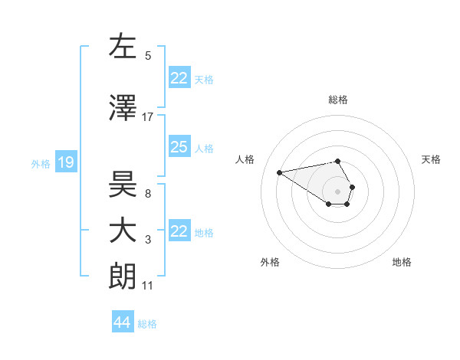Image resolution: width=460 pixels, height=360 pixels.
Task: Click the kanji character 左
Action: tap(123, 47)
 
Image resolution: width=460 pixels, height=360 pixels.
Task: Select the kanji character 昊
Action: tap(123, 184)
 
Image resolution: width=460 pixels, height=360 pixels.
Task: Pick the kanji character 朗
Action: tap(123, 277)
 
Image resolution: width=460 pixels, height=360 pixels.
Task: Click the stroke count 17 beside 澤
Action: tap(148, 116)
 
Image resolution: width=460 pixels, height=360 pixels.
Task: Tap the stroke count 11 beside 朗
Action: tap(148, 286)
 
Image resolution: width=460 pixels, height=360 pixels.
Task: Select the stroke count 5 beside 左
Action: tap(148, 55)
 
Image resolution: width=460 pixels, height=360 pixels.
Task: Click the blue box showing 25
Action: tap(179, 147)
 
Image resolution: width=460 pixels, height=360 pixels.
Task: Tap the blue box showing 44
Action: tap(123, 322)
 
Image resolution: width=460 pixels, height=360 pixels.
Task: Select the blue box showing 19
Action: tap(65, 162)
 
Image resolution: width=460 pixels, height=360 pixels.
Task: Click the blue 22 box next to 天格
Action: tap(179, 78)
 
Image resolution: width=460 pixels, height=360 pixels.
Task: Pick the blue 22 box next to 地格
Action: tap(179, 231)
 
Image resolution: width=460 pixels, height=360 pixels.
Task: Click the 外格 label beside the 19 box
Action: tap(41, 163)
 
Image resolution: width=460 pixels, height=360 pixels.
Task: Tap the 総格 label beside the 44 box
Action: tap(147, 324)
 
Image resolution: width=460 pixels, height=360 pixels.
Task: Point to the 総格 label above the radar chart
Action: tap(338, 100)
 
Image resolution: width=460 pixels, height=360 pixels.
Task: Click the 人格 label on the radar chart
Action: tap(245, 159)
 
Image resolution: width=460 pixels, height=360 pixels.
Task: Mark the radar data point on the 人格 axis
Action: tap(280, 172)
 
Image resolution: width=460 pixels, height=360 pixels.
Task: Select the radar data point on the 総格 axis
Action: tap(338, 161)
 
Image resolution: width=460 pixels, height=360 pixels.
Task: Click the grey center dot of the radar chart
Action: tap(338, 191)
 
